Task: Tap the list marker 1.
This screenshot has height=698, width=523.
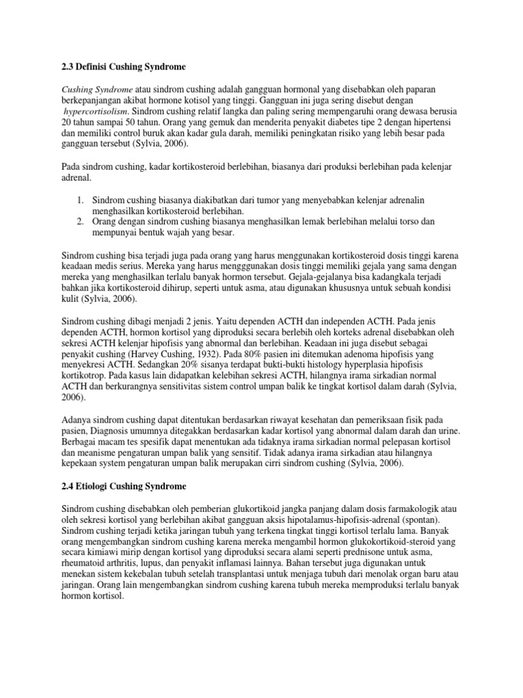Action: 79,200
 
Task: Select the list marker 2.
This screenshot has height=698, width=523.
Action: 79,222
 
